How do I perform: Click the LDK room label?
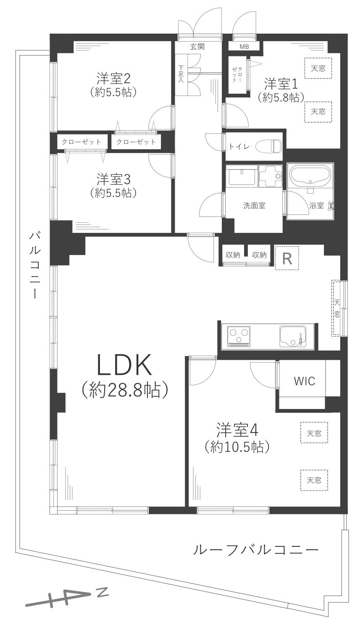124,365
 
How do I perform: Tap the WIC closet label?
304,381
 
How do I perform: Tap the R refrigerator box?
287,257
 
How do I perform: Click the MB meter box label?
244,47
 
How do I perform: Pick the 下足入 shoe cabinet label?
181,74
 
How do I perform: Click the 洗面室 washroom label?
254,206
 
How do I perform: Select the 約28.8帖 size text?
125,390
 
